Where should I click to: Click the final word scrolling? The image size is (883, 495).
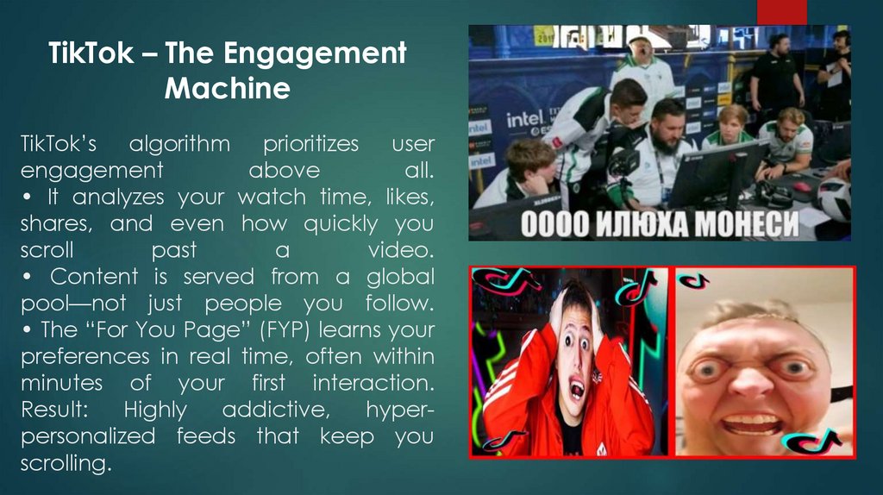(66, 463)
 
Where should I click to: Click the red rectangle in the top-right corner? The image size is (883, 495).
(781, 11)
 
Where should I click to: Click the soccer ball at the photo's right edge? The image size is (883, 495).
(835, 198)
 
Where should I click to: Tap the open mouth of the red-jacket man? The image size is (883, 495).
(576, 387)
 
